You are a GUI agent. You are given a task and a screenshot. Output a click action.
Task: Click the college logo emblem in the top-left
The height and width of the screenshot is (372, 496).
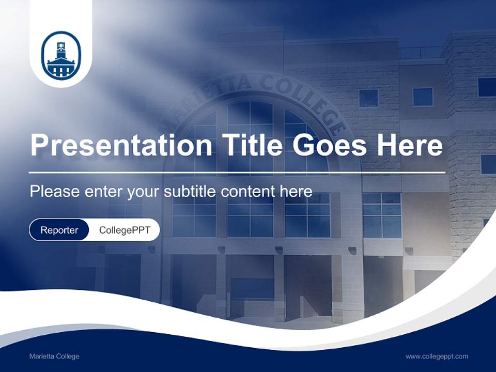[x=61, y=56]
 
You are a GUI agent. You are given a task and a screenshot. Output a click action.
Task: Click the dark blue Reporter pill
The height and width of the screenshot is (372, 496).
[x=59, y=230]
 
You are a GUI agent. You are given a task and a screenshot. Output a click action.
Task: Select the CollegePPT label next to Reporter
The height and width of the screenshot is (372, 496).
[x=125, y=230]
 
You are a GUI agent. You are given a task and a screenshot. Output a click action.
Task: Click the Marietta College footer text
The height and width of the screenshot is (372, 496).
[x=54, y=357]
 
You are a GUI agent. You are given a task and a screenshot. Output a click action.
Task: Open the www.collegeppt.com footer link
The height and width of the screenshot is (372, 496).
[x=437, y=357]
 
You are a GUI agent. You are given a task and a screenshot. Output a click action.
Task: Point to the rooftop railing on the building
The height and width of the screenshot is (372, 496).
[x=421, y=52]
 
